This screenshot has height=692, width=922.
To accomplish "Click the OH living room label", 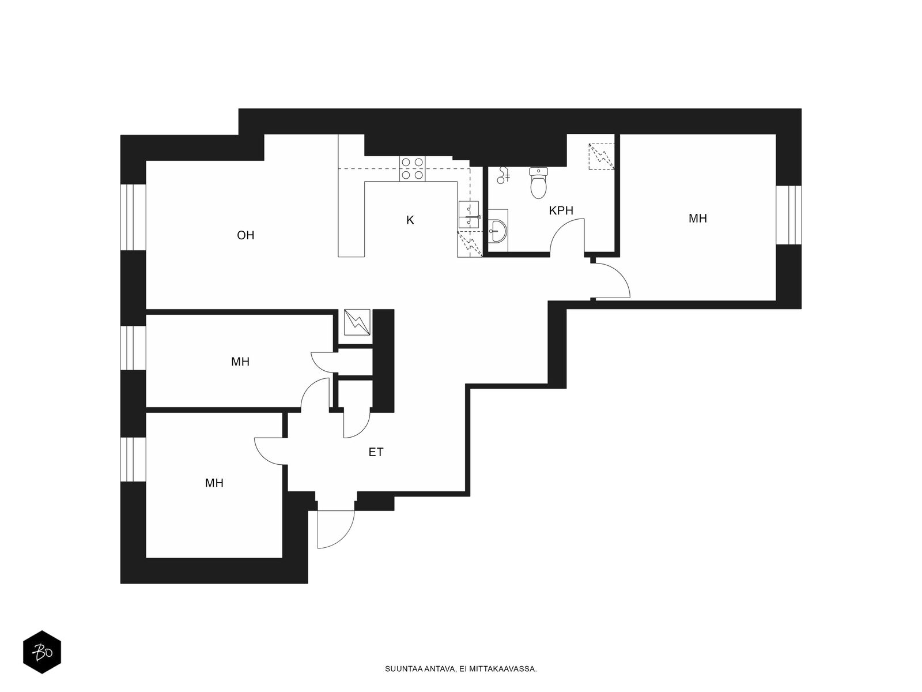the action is [245, 235].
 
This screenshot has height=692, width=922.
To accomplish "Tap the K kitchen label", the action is [410, 220].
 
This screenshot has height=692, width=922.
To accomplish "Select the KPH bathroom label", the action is [561, 210].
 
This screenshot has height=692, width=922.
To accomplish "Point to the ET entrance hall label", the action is [376, 452].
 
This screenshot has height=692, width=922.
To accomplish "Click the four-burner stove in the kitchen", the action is [412, 168].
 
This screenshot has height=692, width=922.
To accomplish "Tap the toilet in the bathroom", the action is [538, 183].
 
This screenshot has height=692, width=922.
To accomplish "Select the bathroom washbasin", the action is [498, 231].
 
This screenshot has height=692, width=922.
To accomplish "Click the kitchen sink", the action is [468, 215].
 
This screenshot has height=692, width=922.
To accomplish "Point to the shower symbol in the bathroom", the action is [503, 175].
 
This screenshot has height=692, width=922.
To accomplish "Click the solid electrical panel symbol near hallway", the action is [357, 322].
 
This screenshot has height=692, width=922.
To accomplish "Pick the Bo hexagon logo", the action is [42, 652].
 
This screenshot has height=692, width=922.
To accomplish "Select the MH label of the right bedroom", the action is [698, 219].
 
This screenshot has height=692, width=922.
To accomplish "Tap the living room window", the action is [133, 217].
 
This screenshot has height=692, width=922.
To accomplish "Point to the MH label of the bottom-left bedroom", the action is [214, 483].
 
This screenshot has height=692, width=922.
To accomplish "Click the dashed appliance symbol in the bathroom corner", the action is [602, 156].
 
